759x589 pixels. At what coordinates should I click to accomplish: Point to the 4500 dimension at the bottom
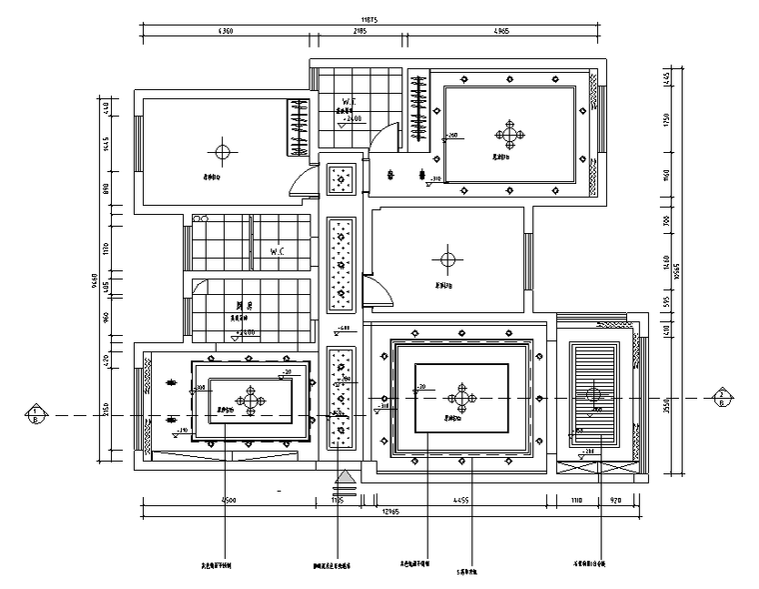pyautogui.click(x=229, y=499)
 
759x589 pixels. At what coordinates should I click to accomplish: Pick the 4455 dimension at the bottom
pyautogui.click(x=461, y=499)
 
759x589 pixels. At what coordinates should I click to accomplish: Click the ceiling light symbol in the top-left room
pyautogui.click(x=222, y=152)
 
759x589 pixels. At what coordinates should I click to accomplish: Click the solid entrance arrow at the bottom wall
pyautogui.click(x=344, y=478)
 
